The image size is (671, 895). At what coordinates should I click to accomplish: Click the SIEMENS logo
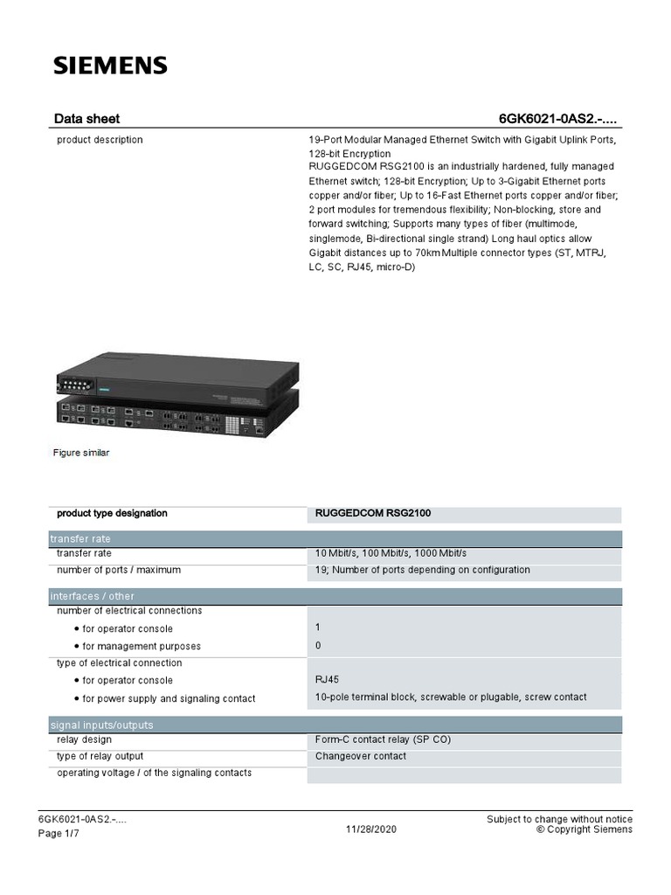point(110,66)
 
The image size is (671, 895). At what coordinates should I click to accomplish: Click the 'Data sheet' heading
point(86,119)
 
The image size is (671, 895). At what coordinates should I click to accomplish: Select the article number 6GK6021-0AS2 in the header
point(560,119)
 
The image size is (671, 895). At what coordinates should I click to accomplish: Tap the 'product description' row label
point(100,140)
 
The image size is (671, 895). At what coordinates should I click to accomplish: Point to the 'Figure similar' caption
point(81,453)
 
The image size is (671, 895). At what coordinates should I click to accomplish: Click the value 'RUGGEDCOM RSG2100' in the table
point(373,514)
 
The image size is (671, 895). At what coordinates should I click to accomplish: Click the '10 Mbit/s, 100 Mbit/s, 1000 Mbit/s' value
point(391,553)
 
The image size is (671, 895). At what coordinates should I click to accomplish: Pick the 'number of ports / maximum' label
point(119,570)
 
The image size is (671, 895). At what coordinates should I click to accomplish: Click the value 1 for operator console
point(318,628)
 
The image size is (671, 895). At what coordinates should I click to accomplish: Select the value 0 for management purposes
point(318,646)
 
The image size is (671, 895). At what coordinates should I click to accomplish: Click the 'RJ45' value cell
point(328,680)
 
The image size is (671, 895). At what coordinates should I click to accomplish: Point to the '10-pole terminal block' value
point(451,697)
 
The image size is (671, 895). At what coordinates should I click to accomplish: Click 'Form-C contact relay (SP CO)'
point(383,739)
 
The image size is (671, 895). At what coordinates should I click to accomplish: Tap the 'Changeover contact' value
point(360,756)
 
